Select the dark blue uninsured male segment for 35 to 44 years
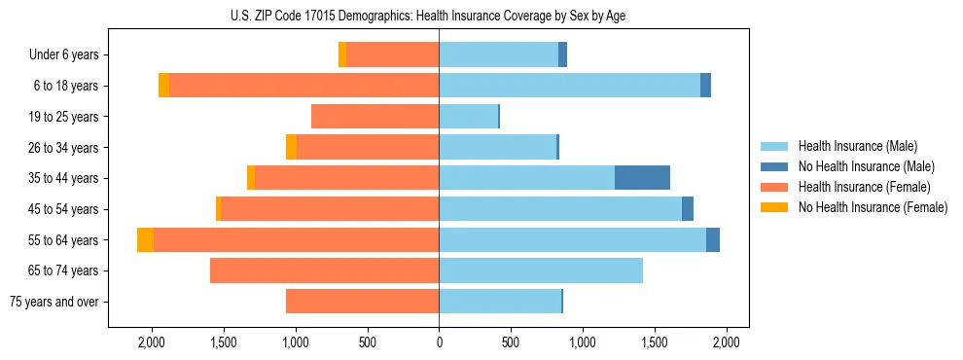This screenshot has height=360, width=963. coord(642,178)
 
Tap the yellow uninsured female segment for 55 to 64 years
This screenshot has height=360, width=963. coord(145,239)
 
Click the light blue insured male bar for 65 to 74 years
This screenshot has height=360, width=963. coord(541,270)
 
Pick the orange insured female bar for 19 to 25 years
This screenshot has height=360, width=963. coord(374,117)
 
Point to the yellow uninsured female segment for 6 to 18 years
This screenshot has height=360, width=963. coord(163,86)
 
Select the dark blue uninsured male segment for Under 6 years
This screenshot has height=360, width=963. coord(562,54)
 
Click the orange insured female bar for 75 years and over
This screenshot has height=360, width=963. coord(362,302)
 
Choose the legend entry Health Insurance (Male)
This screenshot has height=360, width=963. coord(857,146)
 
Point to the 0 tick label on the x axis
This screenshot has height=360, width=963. coord(439,342)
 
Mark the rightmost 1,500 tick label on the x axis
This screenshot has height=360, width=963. coord(655,342)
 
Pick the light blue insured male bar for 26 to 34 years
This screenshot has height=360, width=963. coord(497,147)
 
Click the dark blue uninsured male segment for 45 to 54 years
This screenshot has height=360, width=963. coord(688,209)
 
